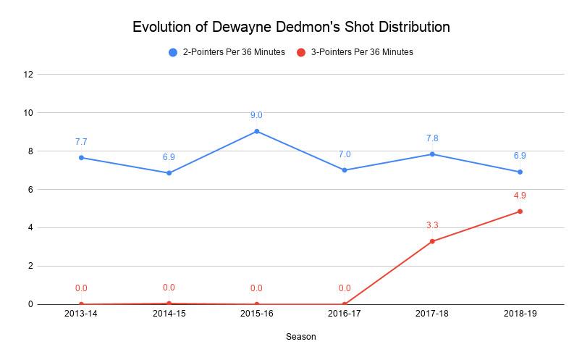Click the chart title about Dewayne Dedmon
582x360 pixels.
(x=291, y=28)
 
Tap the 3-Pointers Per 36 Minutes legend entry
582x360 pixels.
(x=355, y=52)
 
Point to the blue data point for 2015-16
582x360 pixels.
(x=257, y=131)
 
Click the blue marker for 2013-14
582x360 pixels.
(x=81, y=157)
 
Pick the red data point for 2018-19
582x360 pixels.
(x=520, y=212)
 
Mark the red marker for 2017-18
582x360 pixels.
(x=432, y=241)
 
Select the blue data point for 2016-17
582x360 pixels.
(x=345, y=170)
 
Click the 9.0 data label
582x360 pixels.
(x=256, y=115)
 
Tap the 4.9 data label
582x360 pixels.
(x=520, y=196)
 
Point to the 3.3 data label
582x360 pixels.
(x=432, y=225)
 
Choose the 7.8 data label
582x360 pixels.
(x=432, y=138)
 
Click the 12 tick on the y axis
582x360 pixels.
(x=29, y=75)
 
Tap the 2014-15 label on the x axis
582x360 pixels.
(x=169, y=314)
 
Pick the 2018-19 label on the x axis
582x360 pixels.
(x=520, y=314)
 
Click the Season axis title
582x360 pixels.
(x=300, y=337)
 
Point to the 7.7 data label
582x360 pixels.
(x=81, y=142)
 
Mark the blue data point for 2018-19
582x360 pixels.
(x=520, y=172)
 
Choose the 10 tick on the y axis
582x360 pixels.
(x=29, y=113)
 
